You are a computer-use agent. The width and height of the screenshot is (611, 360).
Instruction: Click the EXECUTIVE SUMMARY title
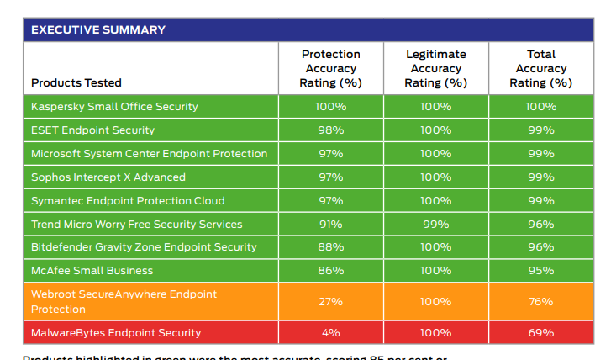97,30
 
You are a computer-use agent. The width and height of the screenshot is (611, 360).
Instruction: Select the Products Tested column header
76,82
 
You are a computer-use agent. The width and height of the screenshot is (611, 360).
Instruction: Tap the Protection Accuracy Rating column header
330,68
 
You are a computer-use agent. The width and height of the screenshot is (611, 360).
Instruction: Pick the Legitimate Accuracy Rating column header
435,68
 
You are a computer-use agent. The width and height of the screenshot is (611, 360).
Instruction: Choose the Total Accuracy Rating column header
540,68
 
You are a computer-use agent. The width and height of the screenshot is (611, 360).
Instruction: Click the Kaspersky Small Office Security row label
114,107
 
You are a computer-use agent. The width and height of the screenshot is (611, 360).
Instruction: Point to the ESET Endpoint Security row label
92,130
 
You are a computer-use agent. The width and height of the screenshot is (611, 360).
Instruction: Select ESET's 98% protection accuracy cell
330,130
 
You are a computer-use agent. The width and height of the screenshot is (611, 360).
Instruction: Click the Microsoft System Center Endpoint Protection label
149,154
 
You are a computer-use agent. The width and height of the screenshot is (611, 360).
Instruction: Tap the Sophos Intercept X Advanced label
108,177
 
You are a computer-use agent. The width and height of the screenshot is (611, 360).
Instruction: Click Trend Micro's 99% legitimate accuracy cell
435,225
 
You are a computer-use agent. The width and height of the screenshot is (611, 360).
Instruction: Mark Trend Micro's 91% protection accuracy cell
330,225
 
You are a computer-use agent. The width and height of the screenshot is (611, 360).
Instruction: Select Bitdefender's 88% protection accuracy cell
330,247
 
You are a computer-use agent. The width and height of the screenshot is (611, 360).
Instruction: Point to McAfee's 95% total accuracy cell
540,271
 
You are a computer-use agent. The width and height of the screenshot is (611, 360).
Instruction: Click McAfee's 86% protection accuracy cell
330,271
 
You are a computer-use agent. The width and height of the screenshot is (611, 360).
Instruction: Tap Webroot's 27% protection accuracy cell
330,302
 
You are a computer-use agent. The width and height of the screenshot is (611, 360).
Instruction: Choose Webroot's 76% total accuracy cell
540,302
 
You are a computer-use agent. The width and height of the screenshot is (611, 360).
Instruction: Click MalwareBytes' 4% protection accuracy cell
330,333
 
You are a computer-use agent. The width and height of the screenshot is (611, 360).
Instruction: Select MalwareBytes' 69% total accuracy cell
540,333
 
